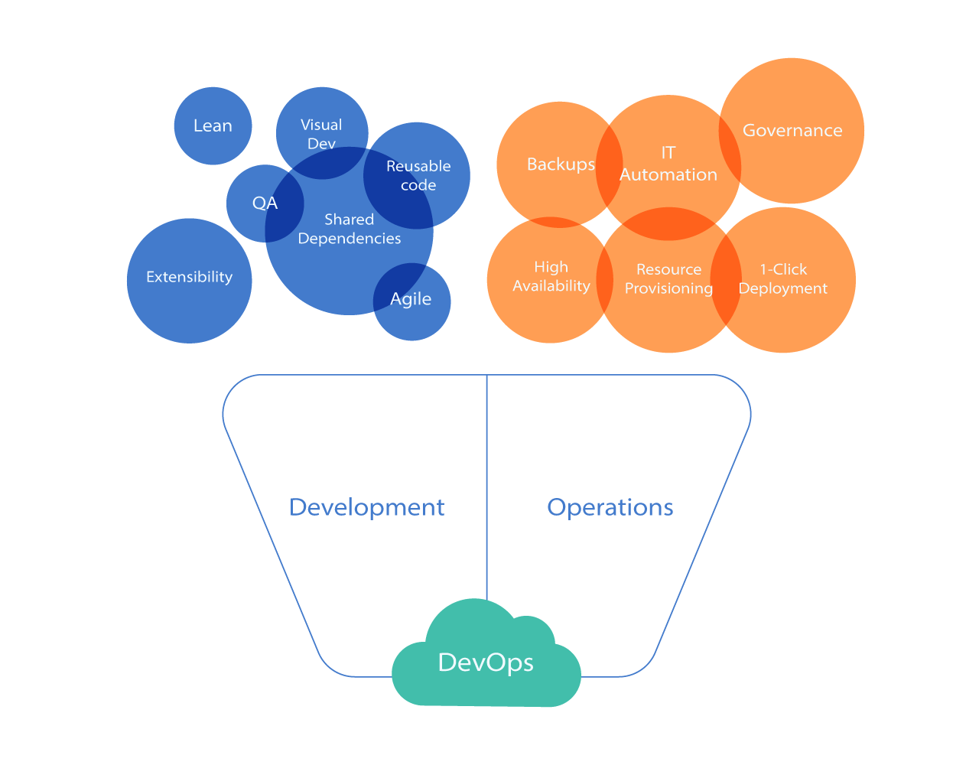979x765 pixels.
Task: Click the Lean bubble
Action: pyautogui.click(x=213, y=125)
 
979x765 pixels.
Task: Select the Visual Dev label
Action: pyautogui.click(x=321, y=134)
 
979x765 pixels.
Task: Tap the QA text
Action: pyautogui.click(x=265, y=203)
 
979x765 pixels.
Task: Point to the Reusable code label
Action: pyautogui.click(x=418, y=175)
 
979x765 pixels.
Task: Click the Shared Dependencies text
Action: pyautogui.click(x=350, y=229)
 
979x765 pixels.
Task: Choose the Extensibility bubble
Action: pyautogui.click(x=189, y=277)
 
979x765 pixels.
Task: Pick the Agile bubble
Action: pyautogui.click(x=411, y=299)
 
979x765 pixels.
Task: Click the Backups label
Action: pyautogui.click(x=561, y=164)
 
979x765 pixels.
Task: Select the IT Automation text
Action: pyautogui.click(x=668, y=164)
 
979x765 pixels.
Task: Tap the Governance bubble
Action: pyautogui.click(x=792, y=130)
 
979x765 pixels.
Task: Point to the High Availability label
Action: pyautogui.click(x=551, y=276)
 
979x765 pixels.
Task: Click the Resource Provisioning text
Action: pyautogui.click(x=668, y=278)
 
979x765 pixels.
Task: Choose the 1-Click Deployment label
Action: pyautogui.click(x=783, y=278)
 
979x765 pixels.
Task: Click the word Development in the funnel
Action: pyautogui.click(x=366, y=507)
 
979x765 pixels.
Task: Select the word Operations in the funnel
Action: pyautogui.click(x=610, y=507)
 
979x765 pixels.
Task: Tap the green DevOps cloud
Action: pyautogui.click(x=486, y=662)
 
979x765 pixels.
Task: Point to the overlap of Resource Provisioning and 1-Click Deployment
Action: pyautogui.click(x=726, y=278)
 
